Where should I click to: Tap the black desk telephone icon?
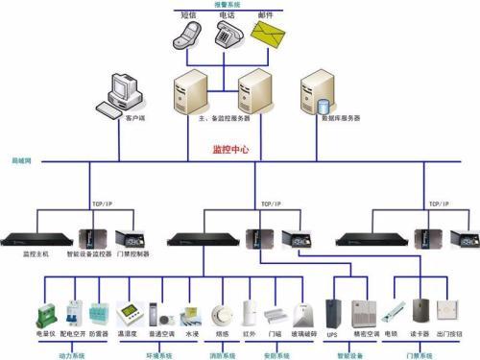click(224, 35)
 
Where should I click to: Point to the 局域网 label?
click(21, 159)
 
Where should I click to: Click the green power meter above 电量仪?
click(47, 313)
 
